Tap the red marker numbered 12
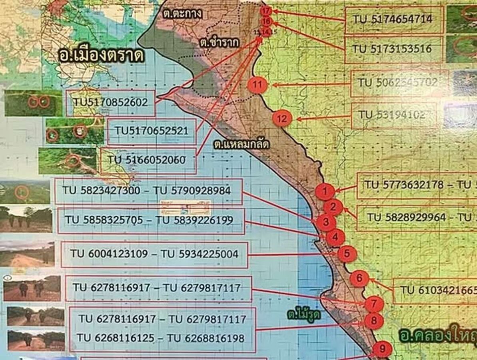282,118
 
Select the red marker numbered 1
325,192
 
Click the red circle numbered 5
347,254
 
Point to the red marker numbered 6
359,278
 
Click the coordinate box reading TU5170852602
110,103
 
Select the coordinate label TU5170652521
152,131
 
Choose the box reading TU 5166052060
148,160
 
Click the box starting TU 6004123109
154,254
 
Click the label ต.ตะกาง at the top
182,14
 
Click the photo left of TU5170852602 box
33,103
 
